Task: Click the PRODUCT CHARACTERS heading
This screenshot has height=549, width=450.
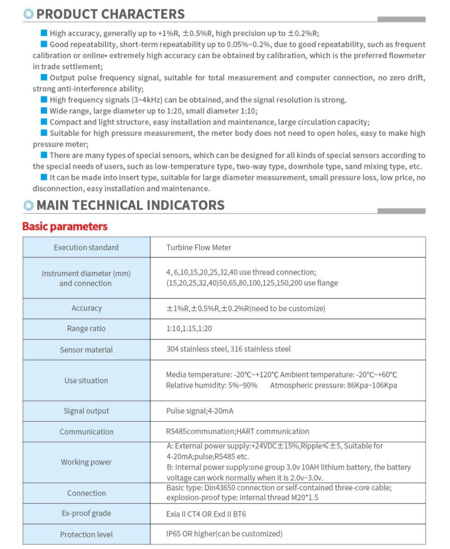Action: pyautogui.click(x=109, y=13)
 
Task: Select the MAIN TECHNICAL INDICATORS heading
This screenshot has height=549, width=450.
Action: pyautogui.click(x=130, y=205)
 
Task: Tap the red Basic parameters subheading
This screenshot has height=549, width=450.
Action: pyautogui.click(x=65, y=227)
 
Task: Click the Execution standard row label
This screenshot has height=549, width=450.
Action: pyautogui.click(x=86, y=247)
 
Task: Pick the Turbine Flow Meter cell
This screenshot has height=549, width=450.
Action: pyautogui.click(x=198, y=247)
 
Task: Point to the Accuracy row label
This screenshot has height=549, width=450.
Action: pyautogui.click(x=87, y=308)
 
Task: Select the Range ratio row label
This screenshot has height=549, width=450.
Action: pyautogui.click(x=87, y=328)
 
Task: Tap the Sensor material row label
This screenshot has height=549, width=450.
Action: pyautogui.click(x=87, y=350)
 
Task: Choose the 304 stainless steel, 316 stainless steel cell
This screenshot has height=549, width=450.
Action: pyautogui.click(x=228, y=349)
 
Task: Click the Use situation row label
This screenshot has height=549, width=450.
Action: pyautogui.click(x=86, y=380)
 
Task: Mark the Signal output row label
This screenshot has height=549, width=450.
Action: pyautogui.click(x=87, y=411)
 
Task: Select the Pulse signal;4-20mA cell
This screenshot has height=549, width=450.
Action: pyautogui.click(x=197, y=411)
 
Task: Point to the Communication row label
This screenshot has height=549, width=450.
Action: pyautogui.click(x=87, y=432)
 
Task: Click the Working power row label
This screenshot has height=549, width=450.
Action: pyautogui.click(x=87, y=462)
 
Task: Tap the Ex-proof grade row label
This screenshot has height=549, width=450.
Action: pyautogui.click(x=87, y=514)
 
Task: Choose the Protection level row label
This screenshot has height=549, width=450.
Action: pyautogui.click(x=87, y=534)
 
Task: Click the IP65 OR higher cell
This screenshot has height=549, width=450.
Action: pyautogui.click(x=224, y=534)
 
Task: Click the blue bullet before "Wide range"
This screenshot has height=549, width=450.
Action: pyautogui.click(x=44, y=111)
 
